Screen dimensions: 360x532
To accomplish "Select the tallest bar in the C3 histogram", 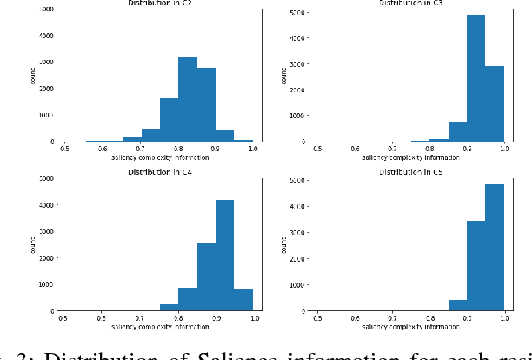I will tap(475, 78).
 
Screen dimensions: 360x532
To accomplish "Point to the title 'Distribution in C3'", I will tap(412, 3).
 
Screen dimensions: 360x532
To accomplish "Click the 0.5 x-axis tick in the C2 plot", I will tap(64, 150).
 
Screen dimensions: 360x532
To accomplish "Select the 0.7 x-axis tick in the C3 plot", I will tap(393, 150).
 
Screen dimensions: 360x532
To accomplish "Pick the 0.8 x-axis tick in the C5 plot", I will tap(431, 319).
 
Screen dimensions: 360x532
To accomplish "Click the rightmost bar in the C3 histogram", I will tap(494, 103).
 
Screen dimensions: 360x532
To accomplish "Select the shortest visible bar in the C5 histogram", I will tap(457, 305).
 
